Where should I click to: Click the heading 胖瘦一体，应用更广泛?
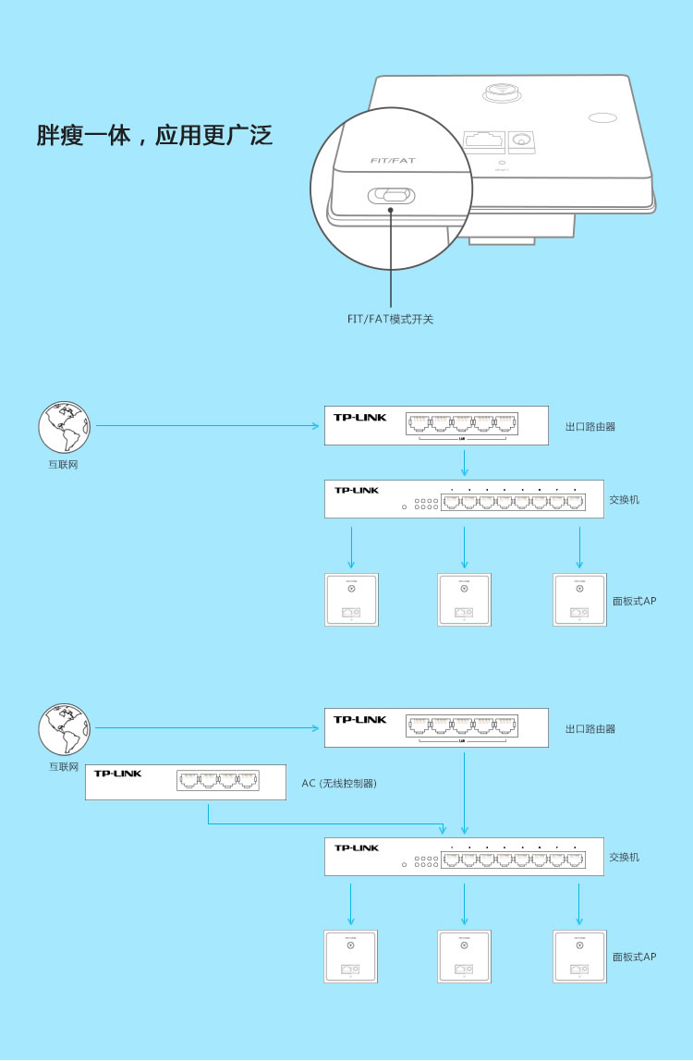(x=154, y=136)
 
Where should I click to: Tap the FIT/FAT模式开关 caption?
(x=390, y=319)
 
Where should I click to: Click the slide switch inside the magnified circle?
(x=392, y=196)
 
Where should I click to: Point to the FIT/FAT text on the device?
(x=393, y=161)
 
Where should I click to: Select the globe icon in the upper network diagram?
(x=64, y=427)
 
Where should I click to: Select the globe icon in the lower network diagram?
(x=64, y=729)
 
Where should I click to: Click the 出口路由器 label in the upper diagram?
(x=590, y=427)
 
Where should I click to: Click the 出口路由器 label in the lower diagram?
(x=590, y=729)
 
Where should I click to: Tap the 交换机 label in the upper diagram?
(x=624, y=500)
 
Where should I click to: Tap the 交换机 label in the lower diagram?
(x=624, y=858)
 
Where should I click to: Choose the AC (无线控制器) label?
(x=339, y=784)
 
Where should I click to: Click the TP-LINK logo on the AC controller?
(x=117, y=774)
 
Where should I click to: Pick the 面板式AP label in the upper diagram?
(x=634, y=601)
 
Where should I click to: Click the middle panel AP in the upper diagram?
(x=464, y=600)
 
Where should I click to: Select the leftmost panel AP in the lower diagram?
(x=351, y=956)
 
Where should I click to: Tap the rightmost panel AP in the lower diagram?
(x=579, y=956)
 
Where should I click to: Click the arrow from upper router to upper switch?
(x=464, y=462)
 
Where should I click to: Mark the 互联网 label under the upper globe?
(x=63, y=465)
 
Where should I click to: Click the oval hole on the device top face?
(x=602, y=118)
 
